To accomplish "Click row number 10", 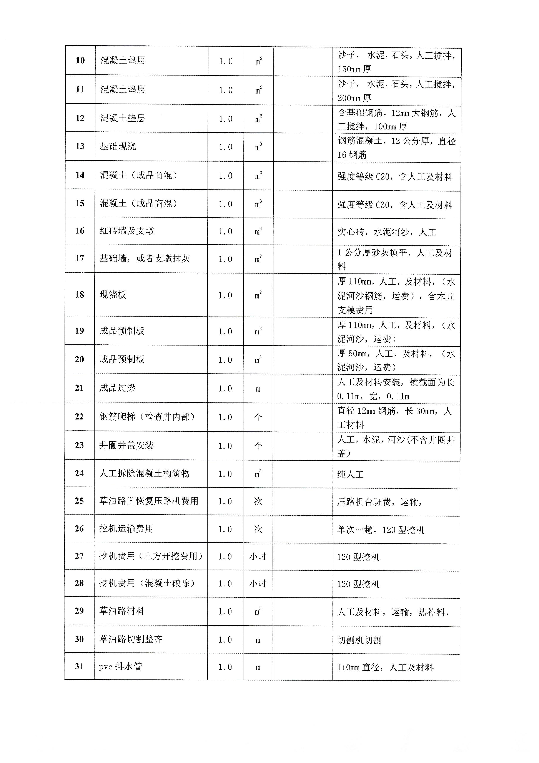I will [80, 60].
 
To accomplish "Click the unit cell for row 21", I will [258, 389].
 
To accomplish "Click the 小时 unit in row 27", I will [258, 557].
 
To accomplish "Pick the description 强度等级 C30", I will [395, 205].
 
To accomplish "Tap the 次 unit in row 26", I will [258, 529].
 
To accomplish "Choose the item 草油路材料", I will [121, 611].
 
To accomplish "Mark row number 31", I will [79, 666].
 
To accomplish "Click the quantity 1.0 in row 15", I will [225, 204].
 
